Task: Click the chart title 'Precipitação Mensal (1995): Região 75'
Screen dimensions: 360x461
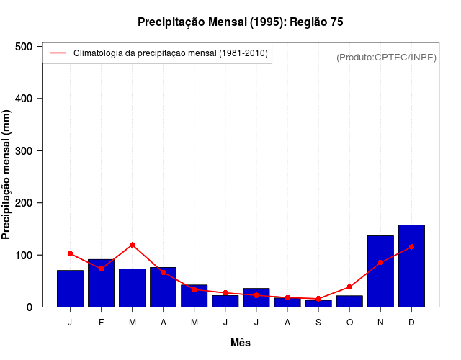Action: coord(240,22)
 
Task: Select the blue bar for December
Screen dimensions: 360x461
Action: coord(411,266)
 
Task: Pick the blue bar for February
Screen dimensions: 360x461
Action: coord(101,283)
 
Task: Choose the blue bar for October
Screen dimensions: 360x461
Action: coord(349,301)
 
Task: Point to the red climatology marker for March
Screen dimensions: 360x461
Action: coord(133,245)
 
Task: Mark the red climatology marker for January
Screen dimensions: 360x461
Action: coord(70,253)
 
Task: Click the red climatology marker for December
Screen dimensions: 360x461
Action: coord(411,247)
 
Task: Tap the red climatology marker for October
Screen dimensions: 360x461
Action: coord(349,287)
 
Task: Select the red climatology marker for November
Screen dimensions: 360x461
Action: coord(380,263)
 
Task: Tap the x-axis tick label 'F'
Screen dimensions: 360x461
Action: coord(101,323)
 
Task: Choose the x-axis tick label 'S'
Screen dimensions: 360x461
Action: coord(318,323)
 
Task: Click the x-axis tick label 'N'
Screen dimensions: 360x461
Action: coord(380,323)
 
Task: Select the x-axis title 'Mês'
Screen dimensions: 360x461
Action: coord(241,343)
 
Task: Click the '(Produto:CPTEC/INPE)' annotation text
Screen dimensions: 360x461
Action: coord(386,57)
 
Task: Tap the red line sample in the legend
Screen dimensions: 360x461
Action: coord(58,53)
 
